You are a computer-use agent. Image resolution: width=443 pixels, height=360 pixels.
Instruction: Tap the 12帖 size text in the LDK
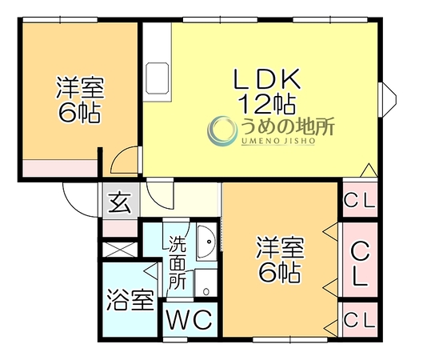[x=267, y=104]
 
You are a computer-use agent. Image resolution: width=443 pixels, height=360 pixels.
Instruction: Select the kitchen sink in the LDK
[x=157, y=78]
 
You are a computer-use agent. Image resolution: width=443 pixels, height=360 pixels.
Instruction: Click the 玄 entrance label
[x=121, y=202]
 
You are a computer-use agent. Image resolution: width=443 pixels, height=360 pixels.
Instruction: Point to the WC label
[x=190, y=319]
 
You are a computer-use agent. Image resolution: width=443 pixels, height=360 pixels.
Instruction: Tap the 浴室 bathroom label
[x=130, y=301]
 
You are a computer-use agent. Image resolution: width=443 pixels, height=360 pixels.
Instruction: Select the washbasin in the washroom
[x=206, y=242]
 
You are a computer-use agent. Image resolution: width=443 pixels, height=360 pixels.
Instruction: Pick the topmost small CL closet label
[x=360, y=201]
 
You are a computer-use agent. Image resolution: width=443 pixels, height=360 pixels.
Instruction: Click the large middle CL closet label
[x=360, y=264]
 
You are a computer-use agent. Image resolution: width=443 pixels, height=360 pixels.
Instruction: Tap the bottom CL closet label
[x=360, y=320]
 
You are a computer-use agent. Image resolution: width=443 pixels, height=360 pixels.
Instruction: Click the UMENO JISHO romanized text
[x=278, y=141]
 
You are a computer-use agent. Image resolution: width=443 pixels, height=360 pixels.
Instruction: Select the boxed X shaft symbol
[x=120, y=250]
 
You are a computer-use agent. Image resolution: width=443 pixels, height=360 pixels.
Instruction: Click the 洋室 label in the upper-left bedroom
[x=80, y=87]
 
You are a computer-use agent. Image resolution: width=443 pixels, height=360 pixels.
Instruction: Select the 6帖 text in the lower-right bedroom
[x=279, y=273]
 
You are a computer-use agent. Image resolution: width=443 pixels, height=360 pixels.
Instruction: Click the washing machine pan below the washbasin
[x=206, y=283]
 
